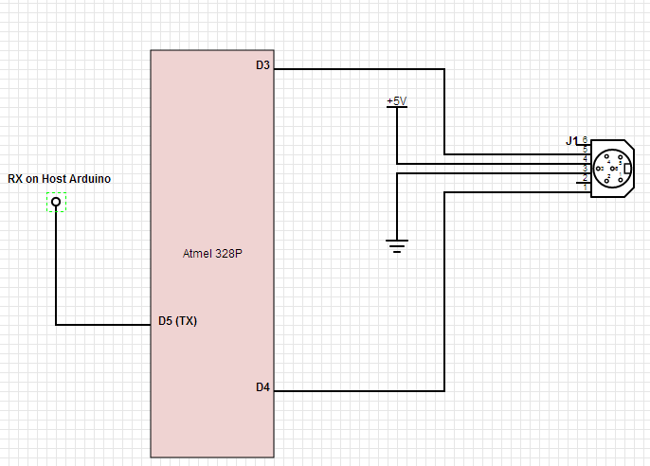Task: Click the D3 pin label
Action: tap(262, 65)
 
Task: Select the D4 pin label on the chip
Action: tap(262, 386)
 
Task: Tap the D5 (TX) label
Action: tap(177, 321)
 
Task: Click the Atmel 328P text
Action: tap(213, 254)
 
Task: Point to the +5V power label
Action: tap(396, 100)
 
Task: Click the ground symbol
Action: tap(396, 246)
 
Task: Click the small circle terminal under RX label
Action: tap(56, 202)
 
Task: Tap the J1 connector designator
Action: tap(571, 140)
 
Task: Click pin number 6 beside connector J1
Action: tap(585, 140)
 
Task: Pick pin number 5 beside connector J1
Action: tap(585, 150)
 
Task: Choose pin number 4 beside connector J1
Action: tap(585, 159)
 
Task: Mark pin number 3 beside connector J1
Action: tap(585, 168)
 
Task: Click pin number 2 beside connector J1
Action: tap(585, 177)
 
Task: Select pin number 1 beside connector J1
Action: tap(585, 186)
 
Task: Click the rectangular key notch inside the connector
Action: tap(627, 169)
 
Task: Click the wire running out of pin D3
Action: tap(360, 69)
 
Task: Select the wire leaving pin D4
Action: tap(360, 390)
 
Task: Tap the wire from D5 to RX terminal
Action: tap(104, 325)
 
